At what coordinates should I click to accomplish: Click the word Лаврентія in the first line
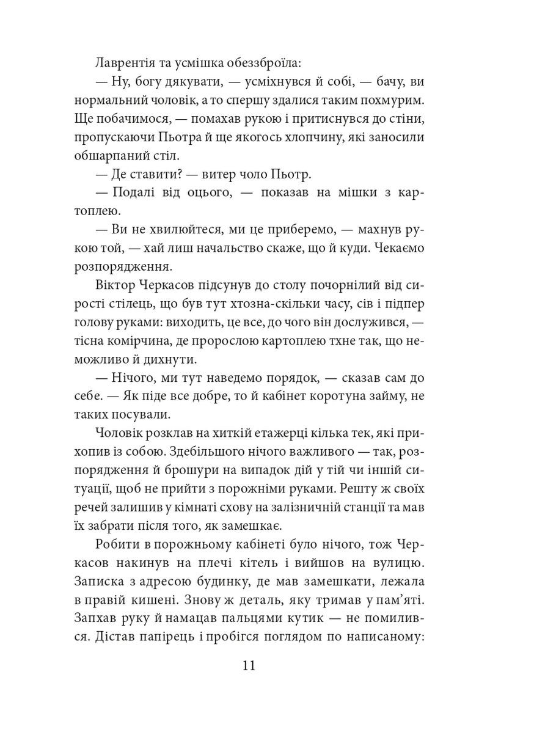(x=125, y=64)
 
